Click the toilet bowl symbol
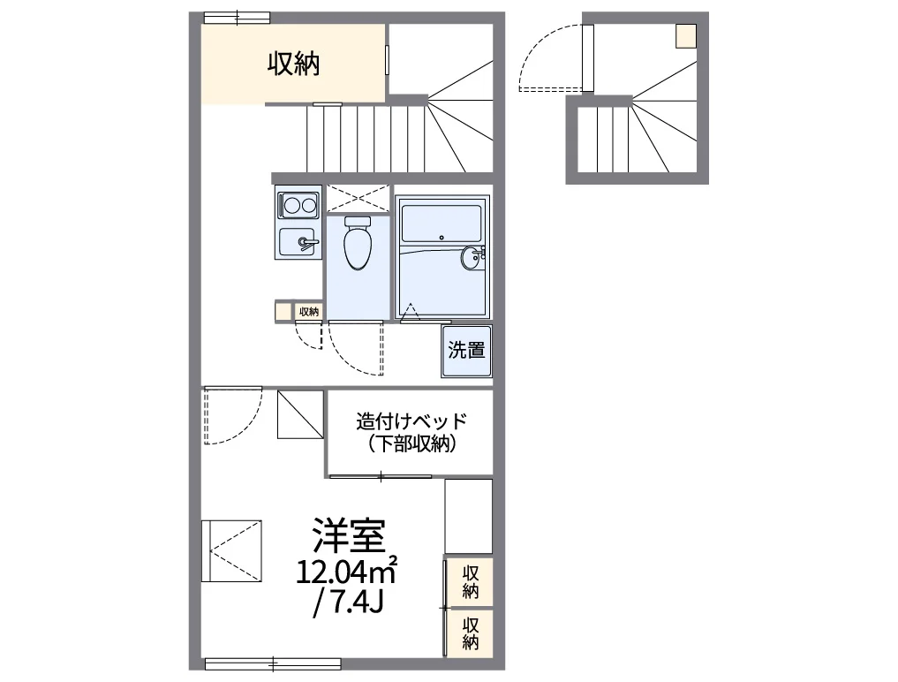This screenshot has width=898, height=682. pyautogui.click(x=358, y=244)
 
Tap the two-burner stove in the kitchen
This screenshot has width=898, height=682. pyautogui.click(x=298, y=206)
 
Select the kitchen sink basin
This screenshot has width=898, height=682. pyautogui.click(x=297, y=241)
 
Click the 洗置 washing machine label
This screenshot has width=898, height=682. pyautogui.click(x=466, y=350)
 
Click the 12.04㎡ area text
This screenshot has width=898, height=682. pyautogui.click(x=346, y=572)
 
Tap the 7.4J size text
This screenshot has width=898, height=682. pyautogui.click(x=348, y=603)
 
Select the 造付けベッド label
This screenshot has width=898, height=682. pyautogui.click(x=411, y=421)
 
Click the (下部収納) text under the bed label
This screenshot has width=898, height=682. pyautogui.click(x=411, y=445)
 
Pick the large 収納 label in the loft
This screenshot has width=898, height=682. pyautogui.click(x=293, y=64)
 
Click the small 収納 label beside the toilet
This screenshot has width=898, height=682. pyautogui.click(x=308, y=311)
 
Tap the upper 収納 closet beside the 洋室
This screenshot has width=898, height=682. pyautogui.click(x=470, y=581)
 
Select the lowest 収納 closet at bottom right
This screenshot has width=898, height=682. pyautogui.click(x=470, y=632)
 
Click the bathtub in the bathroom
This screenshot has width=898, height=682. pyautogui.click(x=441, y=223)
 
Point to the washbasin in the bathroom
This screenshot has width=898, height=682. pyautogui.click(x=473, y=257)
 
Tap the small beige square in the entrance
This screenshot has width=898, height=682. pyautogui.click(x=686, y=36)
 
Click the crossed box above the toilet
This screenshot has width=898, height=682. pyautogui.click(x=358, y=198)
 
